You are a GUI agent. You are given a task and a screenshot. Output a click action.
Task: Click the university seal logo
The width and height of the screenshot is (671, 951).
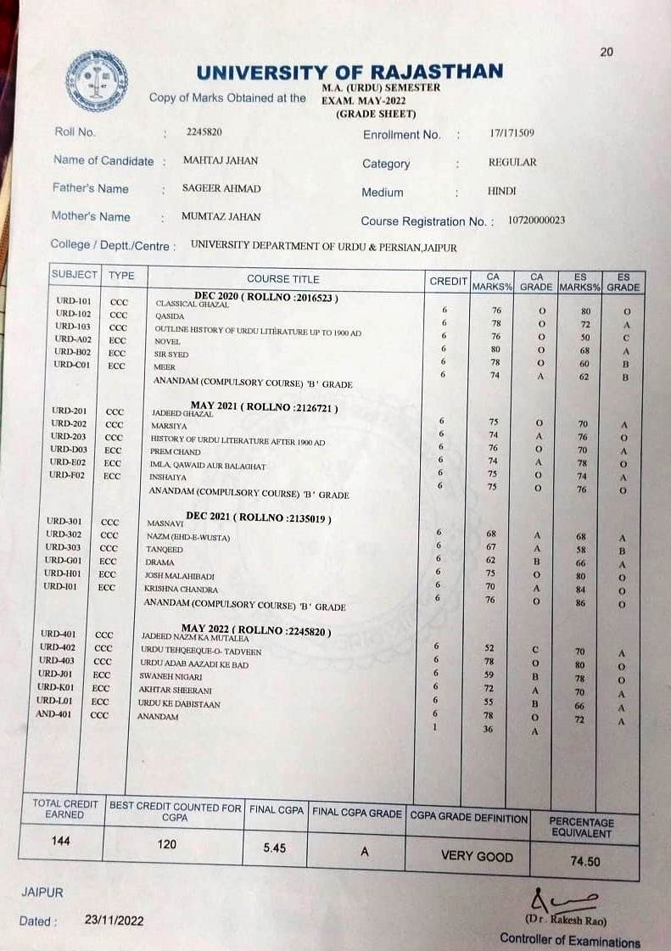(97, 82)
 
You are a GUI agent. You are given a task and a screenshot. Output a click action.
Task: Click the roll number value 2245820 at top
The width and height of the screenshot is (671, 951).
(204, 131)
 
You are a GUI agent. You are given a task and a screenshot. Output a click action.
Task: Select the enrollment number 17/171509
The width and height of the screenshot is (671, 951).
(512, 133)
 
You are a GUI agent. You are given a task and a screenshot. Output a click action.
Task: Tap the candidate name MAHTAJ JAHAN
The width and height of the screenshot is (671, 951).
(220, 160)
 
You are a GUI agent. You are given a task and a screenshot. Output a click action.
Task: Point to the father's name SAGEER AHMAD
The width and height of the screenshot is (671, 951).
(221, 188)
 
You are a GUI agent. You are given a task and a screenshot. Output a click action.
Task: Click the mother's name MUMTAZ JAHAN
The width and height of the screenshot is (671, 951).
(221, 216)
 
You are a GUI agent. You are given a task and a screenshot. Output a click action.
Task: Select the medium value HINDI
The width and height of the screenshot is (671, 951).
(501, 191)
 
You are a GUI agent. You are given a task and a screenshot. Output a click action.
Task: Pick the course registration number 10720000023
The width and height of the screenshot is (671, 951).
(536, 220)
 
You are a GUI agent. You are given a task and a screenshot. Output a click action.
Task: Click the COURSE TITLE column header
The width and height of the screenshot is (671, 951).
(283, 278)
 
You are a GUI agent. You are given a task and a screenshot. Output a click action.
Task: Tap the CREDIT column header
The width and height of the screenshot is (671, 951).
(448, 281)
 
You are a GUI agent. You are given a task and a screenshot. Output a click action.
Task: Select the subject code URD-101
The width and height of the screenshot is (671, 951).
(73, 301)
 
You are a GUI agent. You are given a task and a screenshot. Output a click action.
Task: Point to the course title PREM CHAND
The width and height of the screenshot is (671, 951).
(176, 452)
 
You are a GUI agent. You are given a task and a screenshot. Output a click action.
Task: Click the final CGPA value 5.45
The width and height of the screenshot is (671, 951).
(275, 848)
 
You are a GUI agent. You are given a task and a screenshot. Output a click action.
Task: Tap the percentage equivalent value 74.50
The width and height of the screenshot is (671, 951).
(581, 860)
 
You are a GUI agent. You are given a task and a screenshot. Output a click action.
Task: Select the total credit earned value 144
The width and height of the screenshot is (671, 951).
(60, 841)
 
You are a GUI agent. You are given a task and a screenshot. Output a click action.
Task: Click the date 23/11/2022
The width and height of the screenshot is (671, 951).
(115, 920)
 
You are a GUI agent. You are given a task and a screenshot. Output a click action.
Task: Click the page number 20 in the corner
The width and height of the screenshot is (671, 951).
(606, 52)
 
